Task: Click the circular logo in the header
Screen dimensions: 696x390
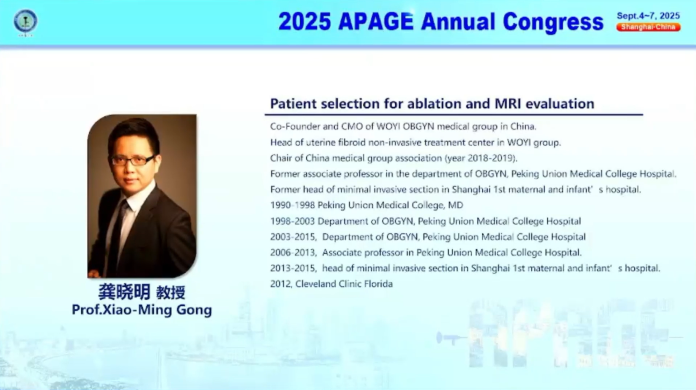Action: pyautogui.click(x=25, y=21)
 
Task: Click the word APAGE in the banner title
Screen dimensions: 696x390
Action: pyautogui.click(x=376, y=22)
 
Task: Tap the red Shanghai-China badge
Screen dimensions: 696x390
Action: pyautogui.click(x=648, y=27)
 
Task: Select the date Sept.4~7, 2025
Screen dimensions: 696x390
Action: pyautogui.click(x=648, y=16)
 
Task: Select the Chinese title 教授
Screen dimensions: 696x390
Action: pyautogui.click(x=171, y=293)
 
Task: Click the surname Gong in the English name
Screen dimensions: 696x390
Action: pyautogui.click(x=194, y=310)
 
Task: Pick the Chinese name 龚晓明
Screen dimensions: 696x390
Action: pyautogui.click(x=124, y=292)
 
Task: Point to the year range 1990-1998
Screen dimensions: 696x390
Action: pyautogui.click(x=293, y=205)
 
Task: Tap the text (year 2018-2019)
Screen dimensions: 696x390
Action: pyautogui.click(x=481, y=158)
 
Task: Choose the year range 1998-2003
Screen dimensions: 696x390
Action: pyautogui.click(x=293, y=221)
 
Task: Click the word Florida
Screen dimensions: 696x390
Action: pyautogui.click(x=378, y=284)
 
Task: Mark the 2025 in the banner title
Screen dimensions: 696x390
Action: pyautogui.click(x=304, y=22)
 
